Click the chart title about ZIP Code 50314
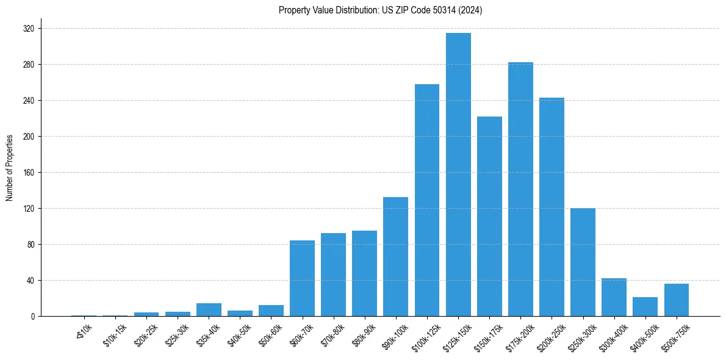point(380,10)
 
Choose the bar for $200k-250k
point(552,207)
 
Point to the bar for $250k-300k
point(583,262)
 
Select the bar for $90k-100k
point(395,256)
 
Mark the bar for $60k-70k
point(302,278)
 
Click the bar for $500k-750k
point(676,300)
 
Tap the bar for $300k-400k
point(614,297)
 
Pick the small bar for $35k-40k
point(209,309)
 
